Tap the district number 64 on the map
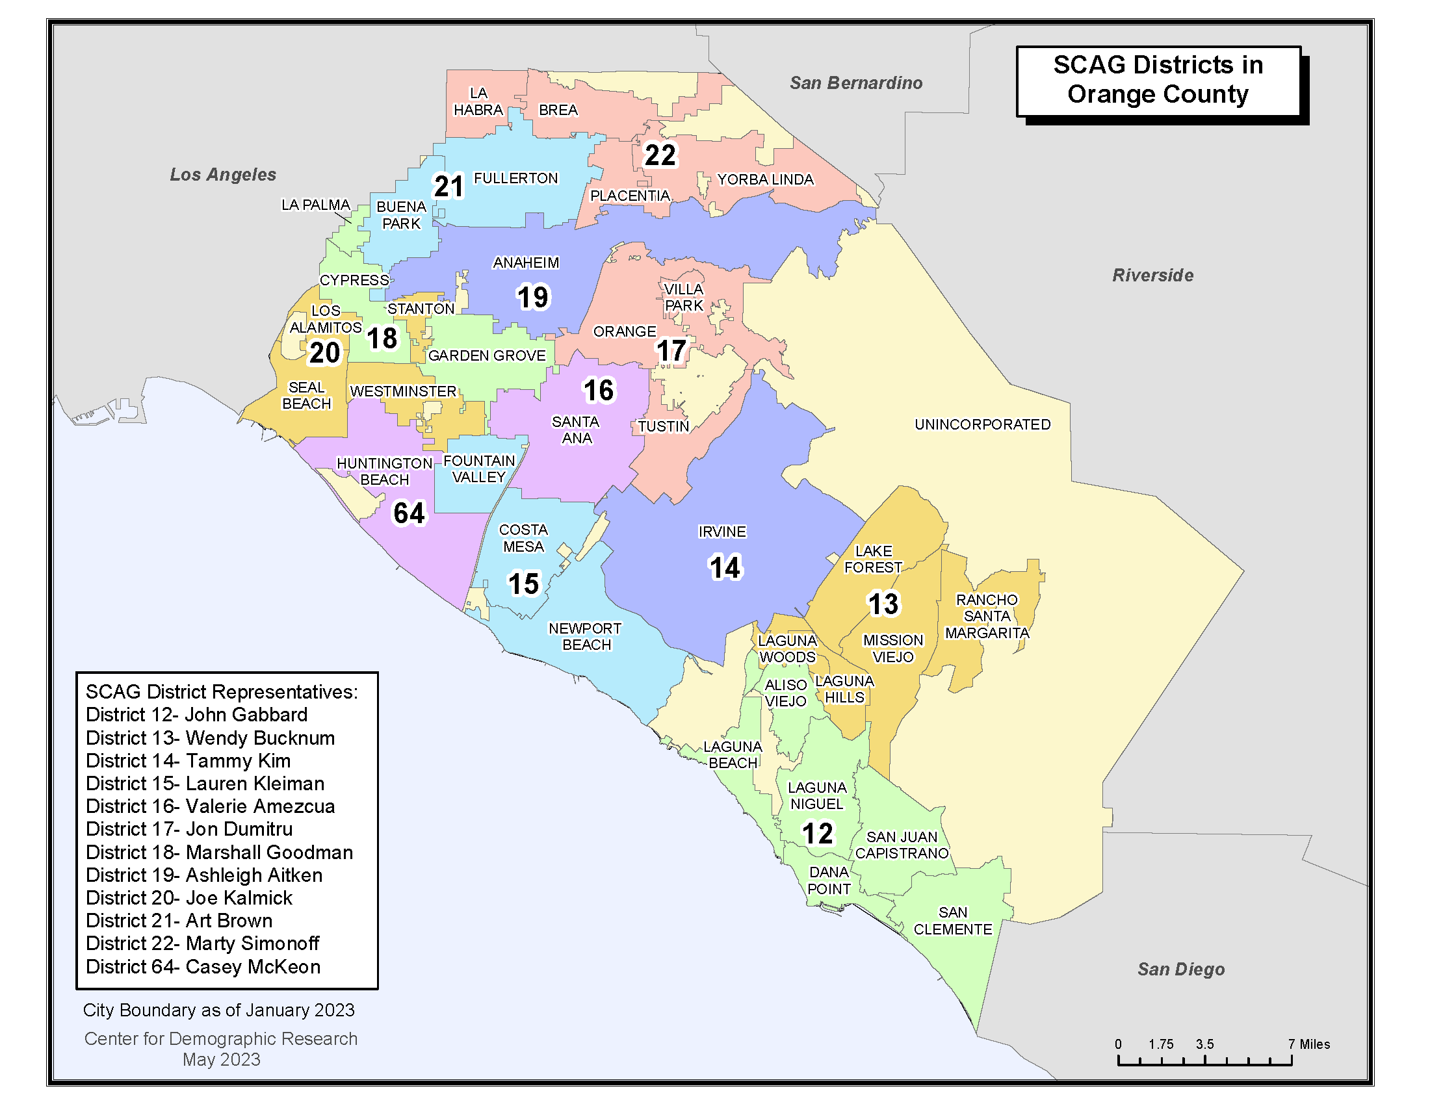409,513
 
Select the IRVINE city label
721,532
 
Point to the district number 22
659,155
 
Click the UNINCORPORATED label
982,424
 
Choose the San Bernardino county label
855,83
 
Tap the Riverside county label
1152,276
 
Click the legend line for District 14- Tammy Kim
188,760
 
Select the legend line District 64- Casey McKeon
203,966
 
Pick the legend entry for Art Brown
179,921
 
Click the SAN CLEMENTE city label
953,921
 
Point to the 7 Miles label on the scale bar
1309,1044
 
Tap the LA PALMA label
316,205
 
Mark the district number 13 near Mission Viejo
883,604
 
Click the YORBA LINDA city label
765,179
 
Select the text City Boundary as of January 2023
218,1010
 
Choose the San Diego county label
1180,970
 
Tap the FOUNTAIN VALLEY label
478,469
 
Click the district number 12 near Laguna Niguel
817,834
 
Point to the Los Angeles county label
222,175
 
